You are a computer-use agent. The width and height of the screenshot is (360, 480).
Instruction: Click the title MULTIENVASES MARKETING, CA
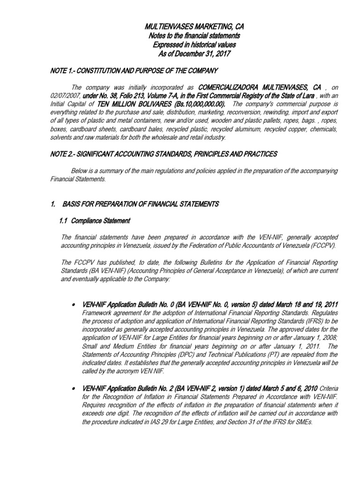(x=194, y=28)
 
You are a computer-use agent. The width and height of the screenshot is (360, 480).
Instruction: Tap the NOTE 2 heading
(x=164, y=154)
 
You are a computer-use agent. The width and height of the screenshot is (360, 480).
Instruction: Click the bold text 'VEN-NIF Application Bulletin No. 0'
(x=134, y=305)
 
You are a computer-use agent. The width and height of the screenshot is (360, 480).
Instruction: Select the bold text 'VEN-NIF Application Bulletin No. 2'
(x=134, y=389)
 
